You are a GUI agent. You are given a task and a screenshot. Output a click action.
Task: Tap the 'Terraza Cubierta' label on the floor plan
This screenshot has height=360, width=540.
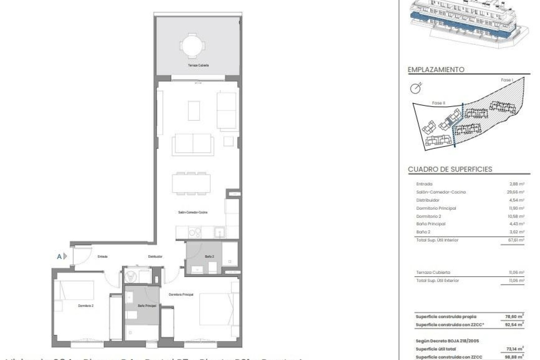tap(198, 65)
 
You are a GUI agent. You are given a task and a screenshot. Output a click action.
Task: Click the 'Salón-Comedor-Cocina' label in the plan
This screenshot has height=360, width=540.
tap(193, 212)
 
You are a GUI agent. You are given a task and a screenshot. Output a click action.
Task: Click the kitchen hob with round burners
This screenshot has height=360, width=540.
tap(195, 233)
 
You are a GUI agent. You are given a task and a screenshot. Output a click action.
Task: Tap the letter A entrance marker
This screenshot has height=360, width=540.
tap(59, 256)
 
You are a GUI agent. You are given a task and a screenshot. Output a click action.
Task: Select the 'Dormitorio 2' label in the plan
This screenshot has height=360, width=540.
tap(86, 305)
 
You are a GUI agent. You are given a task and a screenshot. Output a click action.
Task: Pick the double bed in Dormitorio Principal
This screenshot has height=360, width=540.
tap(216, 309)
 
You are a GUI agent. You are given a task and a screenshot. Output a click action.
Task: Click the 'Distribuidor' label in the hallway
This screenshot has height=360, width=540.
tap(155, 256)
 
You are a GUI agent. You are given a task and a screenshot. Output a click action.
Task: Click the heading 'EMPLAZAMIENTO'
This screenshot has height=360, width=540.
tap(436, 69)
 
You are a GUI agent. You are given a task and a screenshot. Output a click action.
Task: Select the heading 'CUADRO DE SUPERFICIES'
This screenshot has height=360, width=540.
tap(450, 169)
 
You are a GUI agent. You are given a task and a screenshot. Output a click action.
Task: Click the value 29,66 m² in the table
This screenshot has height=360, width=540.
tap(517, 192)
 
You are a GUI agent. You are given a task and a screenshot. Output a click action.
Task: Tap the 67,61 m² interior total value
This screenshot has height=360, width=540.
tap(517, 240)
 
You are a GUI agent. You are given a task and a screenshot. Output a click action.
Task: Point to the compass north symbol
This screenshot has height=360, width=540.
tap(416, 88)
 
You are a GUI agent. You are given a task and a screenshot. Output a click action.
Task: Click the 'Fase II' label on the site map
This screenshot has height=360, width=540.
tap(438, 103)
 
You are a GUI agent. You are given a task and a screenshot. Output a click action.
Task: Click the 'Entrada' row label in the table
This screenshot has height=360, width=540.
tap(424, 184)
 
